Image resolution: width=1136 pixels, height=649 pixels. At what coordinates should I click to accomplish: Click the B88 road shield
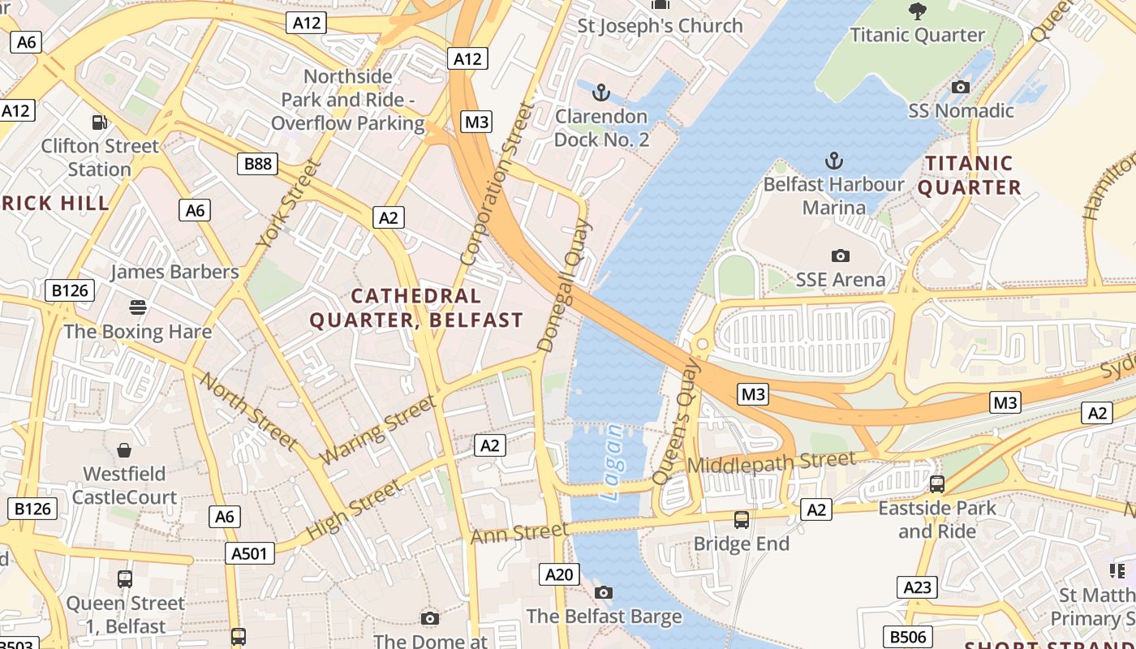pyautogui.click(x=258, y=164)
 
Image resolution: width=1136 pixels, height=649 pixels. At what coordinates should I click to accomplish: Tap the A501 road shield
pyautogui.click(x=249, y=553)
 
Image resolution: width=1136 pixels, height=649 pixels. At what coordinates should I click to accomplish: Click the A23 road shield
pyautogui.click(x=917, y=587)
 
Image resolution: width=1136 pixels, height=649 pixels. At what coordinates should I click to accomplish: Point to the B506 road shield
pyautogui.click(x=906, y=637)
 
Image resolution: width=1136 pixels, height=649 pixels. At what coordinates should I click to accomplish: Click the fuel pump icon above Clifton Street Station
pyautogui.click(x=100, y=122)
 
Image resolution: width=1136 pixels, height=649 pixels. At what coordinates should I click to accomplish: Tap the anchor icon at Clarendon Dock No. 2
pyautogui.click(x=601, y=92)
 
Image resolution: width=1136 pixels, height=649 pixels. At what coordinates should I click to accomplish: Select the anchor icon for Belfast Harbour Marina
pyautogui.click(x=833, y=160)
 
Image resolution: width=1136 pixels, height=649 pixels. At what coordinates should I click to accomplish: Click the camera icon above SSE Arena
pyautogui.click(x=841, y=256)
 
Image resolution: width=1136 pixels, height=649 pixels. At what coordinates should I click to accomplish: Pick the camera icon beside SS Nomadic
pyautogui.click(x=961, y=87)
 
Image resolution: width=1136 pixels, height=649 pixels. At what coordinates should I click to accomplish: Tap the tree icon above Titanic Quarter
pyautogui.click(x=917, y=11)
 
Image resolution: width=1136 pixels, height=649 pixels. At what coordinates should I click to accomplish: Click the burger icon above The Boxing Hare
pyautogui.click(x=138, y=307)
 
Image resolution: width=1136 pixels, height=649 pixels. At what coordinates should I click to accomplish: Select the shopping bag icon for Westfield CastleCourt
pyautogui.click(x=124, y=449)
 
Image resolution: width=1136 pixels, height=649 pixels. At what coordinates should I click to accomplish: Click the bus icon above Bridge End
pyautogui.click(x=741, y=519)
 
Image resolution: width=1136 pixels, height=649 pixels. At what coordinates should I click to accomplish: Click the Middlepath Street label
pyautogui.click(x=770, y=463)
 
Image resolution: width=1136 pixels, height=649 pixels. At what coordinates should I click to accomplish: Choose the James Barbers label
pyautogui.click(x=174, y=272)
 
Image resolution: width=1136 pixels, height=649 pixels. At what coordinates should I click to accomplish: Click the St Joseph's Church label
pyautogui.click(x=660, y=26)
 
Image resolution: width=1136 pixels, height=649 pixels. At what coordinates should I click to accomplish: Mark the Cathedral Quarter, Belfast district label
pyautogui.click(x=416, y=308)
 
